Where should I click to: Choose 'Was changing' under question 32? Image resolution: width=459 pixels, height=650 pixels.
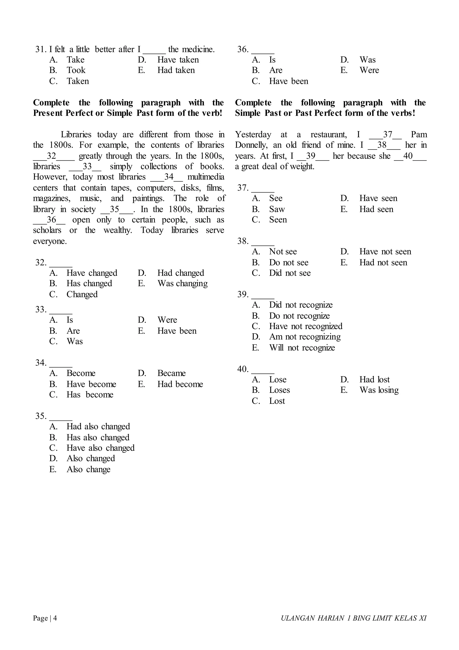coord(182,283)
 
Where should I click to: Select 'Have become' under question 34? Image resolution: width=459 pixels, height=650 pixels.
coord(91,384)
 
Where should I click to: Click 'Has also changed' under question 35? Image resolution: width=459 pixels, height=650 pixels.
coord(98,437)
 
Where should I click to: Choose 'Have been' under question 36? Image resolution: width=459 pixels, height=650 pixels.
coord(288,81)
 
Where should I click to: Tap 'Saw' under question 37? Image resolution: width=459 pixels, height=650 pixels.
coord(277,209)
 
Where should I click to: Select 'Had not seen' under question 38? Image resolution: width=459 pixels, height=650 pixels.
coord(383,262)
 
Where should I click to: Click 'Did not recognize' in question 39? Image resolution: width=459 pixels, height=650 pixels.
coord(301,305)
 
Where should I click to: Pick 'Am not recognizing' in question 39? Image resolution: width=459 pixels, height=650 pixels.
coord(305,337)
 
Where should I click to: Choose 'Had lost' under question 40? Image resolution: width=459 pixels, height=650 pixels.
coord(374,379)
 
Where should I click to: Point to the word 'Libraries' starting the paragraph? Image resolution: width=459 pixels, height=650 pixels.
coord(76,134)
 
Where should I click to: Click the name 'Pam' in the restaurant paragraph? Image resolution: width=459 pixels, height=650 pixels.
coord(419,134)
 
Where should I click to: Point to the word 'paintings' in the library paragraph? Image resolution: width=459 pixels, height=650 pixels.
coord(148,198)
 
